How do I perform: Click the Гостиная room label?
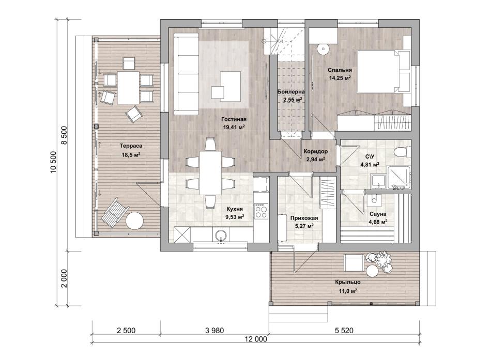tap(234, 119)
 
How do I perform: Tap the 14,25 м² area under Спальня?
tap(340, 78)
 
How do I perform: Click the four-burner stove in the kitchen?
tap(261, 211)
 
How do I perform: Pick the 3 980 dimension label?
tap(214, 331)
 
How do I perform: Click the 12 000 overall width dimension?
tap(256, 339)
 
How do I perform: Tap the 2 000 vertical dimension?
tap(64, 278)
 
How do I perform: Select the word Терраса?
tap(131, 146)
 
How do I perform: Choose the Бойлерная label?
tap(291, 92)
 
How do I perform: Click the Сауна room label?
tap(378, 214)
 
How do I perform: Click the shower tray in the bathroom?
tap(399, 178)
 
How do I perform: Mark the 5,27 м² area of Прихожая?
tap(303, 225)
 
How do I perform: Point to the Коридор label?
tap(316, 151)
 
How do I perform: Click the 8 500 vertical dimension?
tap(64, 135)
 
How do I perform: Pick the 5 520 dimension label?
tap(344, 331)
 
